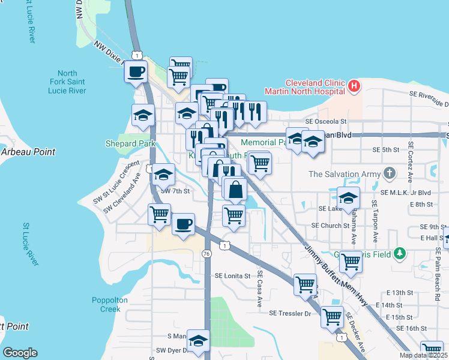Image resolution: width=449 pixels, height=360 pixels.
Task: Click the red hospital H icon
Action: click(x=354, y=86)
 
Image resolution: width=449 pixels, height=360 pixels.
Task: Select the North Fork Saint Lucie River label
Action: click(x=67, y=82)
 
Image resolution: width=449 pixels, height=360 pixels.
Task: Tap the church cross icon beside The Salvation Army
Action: click(x=389, y=175)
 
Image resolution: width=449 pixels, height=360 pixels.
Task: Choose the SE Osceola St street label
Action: click(x=326, y=121)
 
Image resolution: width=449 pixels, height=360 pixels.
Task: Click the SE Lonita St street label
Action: click(x=232, y=275)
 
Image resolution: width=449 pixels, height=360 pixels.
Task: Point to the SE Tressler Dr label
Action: click(x=291, y=313)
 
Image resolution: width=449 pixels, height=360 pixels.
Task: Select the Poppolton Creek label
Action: click(x=106, y=305)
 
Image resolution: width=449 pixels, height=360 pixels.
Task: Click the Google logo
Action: click(x=20, y=352)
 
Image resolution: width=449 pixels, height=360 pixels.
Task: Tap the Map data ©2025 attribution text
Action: click(x=423, y=355)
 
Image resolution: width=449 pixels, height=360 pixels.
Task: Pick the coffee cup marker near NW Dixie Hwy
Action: click(x=136, y=72)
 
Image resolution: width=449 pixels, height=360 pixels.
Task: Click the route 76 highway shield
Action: click(x=206, y=254)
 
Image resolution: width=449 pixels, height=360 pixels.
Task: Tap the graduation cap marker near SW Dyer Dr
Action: click(x=197, y=341)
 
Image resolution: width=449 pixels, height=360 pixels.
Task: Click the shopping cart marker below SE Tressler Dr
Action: click(x=332, y=317)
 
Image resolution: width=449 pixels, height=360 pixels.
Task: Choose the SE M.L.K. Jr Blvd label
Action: click(x=406, y=193)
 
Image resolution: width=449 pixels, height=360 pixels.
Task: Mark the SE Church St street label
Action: click(x=330, y=226)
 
